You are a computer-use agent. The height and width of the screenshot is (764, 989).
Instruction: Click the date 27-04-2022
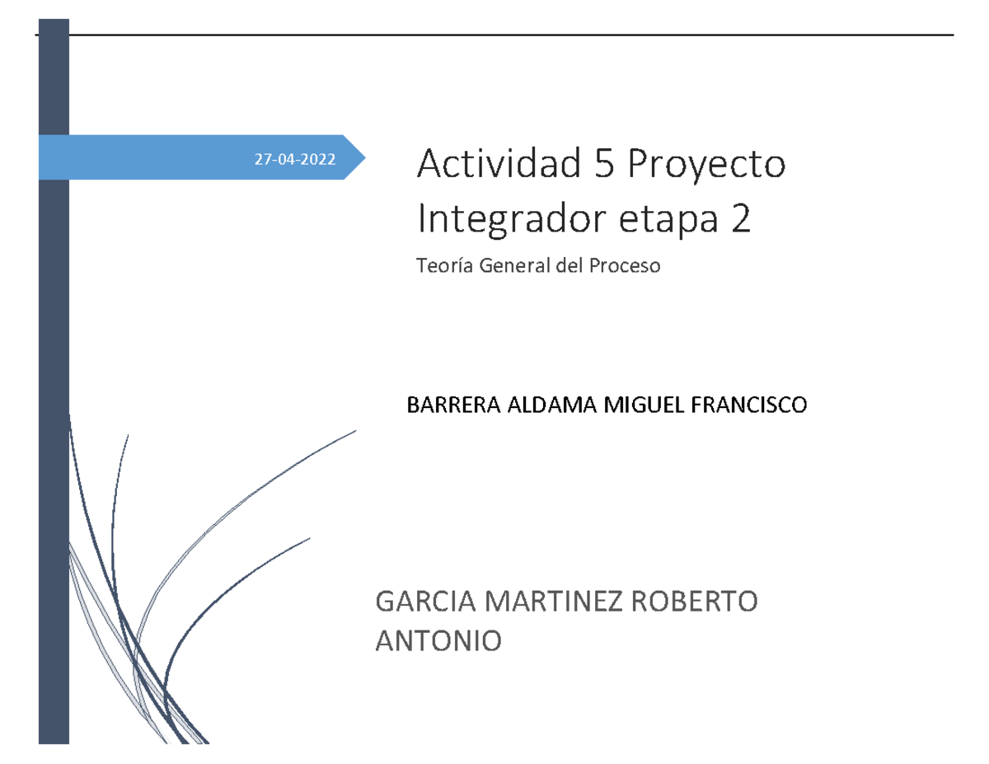pos(295,160)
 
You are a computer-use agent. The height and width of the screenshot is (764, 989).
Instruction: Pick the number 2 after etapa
pos(740,220)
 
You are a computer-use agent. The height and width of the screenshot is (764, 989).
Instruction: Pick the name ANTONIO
pos(437,640)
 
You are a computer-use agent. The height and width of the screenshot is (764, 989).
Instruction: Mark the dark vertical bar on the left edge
pos(54,453)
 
